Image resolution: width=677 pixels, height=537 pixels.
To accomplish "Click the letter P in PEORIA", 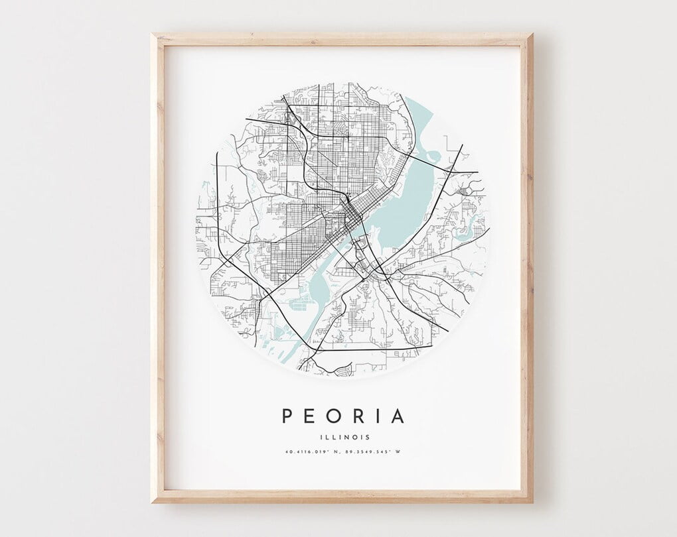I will pos(287,416).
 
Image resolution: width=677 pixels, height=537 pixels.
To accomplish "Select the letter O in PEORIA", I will pos(333,416).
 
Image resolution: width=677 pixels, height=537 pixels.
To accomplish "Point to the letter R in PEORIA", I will pos(357,416).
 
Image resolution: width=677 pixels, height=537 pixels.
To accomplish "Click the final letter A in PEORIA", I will pos(397,416).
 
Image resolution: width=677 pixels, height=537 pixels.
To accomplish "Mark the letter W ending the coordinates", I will pos(399,453).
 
